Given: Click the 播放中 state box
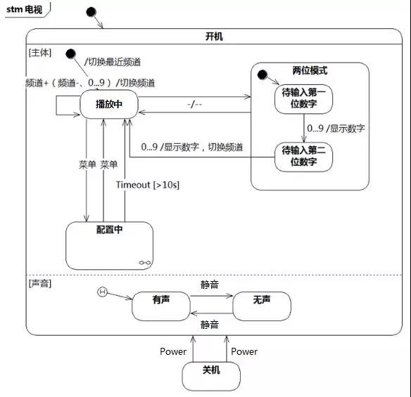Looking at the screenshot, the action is click(x=109, y=104).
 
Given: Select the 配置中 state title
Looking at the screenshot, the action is click(x=109, y=230).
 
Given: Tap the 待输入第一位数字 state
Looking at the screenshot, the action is click(x=303, y=99).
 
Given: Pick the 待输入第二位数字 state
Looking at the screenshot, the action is click(x=303, y=157).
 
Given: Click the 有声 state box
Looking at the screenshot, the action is click(x=161, y=306).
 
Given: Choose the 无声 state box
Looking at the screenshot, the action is click(x=262, y=306).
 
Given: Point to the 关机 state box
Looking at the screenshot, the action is click(x=211, y=377).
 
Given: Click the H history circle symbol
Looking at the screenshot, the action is click(x=102, y=292).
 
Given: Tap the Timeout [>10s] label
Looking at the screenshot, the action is click(x=148, y=185).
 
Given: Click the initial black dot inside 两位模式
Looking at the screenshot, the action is click(x=262, y=75).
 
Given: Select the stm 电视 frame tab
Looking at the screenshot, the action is click(x=26, y=10).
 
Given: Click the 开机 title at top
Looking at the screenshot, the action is click(x=214, y=37).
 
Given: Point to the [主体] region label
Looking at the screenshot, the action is click(x=40, y=53).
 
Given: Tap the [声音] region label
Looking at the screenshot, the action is click(x=40, y=283).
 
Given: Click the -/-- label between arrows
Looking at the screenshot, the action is click(x=194, y=105).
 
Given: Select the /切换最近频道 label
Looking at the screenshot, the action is click(x=113, y=62).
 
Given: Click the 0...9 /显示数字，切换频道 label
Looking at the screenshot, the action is click(x=192, y=147).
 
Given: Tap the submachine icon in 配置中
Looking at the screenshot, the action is click(x=145, y=263).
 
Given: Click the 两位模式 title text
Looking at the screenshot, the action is click(x=310, y=70).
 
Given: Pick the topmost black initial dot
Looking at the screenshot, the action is click(x=91, y=12).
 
